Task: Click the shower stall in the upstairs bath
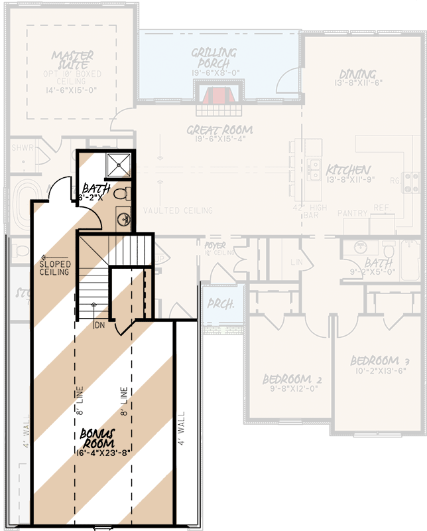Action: (x=119, y=165)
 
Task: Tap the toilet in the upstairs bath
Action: (x=121, y=194)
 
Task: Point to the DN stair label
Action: (x=99, y=326)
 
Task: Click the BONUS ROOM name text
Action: (x=98, y=437)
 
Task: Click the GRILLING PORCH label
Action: (x=215, y=58)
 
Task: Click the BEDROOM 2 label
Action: (x=292, y=379)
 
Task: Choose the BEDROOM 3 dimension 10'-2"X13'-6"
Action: (x=380, y=372)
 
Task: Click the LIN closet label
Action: (x=297, y=261)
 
